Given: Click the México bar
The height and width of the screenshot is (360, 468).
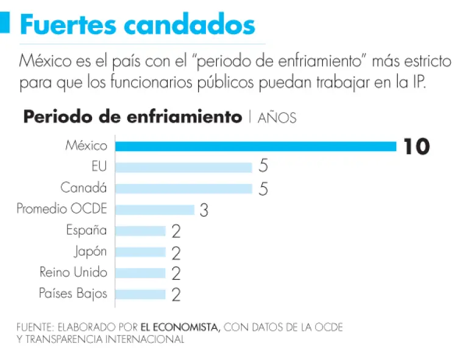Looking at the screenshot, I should pyautogui.click(x=256, y=146).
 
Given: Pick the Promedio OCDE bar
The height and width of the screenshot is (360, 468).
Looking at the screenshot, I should pyautogui.click(x=155, y=210).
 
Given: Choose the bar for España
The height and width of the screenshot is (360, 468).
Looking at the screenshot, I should pyautogui.click(x=140, y=231).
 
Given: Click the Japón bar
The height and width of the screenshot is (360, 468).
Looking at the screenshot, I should pyautogui.click(x=140, y=252).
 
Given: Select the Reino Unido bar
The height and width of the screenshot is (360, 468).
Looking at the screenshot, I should pyautogui.click(x=140, y=273).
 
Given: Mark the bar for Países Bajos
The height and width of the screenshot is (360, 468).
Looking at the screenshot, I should pyautogui.click(x=140, y=294).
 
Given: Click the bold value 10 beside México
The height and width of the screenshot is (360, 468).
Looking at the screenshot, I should pyautogui.click(x=416, y=147).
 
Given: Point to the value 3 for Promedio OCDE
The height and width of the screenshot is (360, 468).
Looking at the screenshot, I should pyautogui.click(x=204, y=211).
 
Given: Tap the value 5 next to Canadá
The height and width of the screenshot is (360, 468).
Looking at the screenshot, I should pyautogui.click(x=263, y=189).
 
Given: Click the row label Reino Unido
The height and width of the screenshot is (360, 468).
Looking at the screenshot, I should pyautogui.click(x=73, y=272).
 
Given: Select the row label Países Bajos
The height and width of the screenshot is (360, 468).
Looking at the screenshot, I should pyautogui.click(x=73, y=294).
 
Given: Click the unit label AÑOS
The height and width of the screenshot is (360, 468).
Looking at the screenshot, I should pyautogui.click(x=277, y=118).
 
